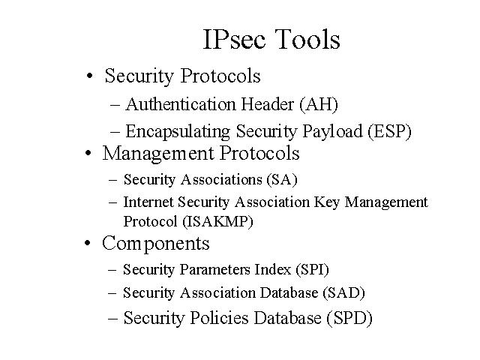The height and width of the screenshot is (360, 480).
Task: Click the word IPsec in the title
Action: click(x=234, y=39)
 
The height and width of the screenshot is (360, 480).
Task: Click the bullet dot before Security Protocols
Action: click(x=89, y=76)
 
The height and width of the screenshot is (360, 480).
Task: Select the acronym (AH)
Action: click(x=319, y=104)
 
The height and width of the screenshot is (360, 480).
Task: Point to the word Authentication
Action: click(x=180, y=104)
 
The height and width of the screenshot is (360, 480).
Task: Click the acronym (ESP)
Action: click(x=390, y=131)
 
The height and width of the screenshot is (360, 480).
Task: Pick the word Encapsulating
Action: click(x=178, y=132)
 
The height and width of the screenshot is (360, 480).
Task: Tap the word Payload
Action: click(x=333, y=132)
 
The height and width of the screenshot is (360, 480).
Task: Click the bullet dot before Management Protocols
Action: click(x=88, y=153)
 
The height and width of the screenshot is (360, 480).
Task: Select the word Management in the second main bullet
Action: click(x=158, y=154)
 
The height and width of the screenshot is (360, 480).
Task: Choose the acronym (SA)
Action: click(x=282, y=180)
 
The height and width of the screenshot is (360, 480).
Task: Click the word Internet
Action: click(x=148, y=202)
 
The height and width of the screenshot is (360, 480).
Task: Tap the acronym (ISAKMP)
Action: click(x=218, y=222)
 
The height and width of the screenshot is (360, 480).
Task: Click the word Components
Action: click(x=156, y=244)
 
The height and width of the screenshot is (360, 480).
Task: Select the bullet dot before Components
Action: click(x=88, y=243)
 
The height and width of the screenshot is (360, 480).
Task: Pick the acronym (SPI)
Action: click(x=312, y=270)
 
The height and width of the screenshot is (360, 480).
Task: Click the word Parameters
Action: click(x=215, y=270)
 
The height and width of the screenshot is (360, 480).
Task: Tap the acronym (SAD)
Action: click(x=343, y=293)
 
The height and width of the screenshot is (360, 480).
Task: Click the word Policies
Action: click(x=219, y=318)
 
